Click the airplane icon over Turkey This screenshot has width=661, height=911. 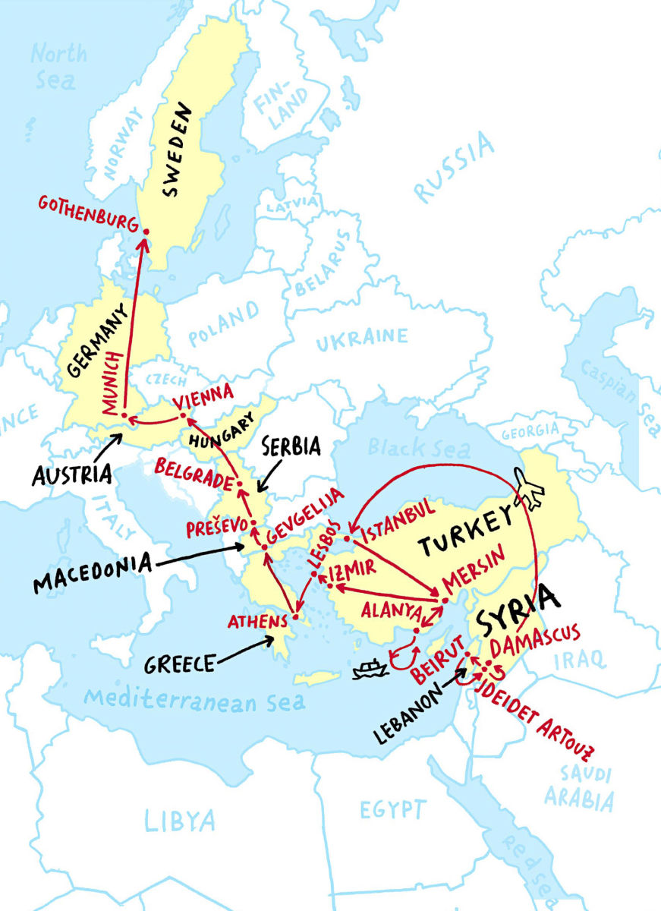click(x=530, y=489)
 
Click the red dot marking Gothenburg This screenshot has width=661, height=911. click(x=146, y=232)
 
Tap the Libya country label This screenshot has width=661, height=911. click(x=180, y=820)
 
